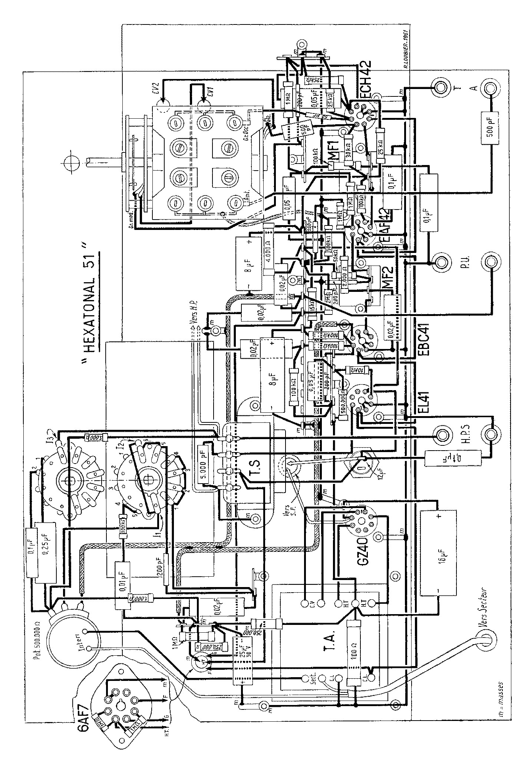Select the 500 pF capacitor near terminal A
tap(491, 128)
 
